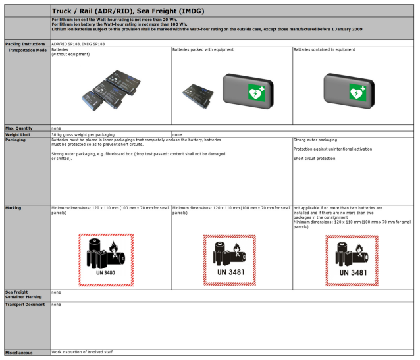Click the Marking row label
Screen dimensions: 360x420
pos(14,207)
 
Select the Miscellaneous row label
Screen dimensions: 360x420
pos(20,353)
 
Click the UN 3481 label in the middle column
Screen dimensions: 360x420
pos(230,259)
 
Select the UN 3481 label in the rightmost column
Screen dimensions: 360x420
pos(353,259)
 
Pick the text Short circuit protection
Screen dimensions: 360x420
pos(315,159)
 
